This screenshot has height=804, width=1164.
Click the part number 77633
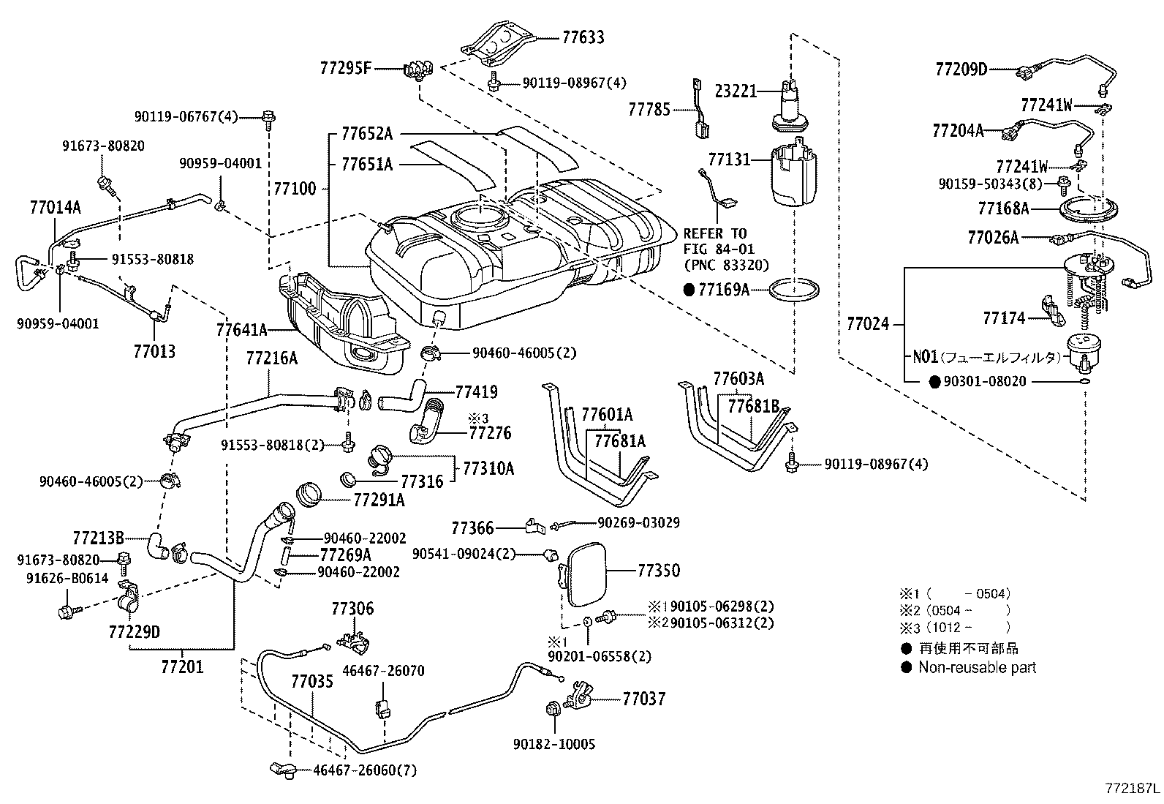583,37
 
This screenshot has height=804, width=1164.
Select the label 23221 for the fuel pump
736,91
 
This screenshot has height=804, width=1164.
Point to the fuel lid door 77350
585,572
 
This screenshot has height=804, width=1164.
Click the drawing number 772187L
1132,789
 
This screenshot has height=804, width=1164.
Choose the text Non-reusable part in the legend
977,667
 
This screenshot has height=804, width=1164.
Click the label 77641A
241,330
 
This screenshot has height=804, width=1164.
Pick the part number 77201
182,666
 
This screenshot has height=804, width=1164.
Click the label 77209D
961,69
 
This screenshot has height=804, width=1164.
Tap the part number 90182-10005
554,744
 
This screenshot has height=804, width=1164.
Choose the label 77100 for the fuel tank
295,189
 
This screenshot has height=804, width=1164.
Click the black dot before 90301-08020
934,381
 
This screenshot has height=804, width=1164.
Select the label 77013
154,351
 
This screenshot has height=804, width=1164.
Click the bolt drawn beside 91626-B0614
67,610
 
